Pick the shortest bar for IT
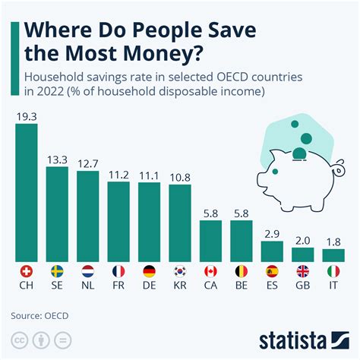(333, 254)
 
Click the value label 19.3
(27, 117)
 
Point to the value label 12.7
(88, 164)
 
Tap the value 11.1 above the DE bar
(149, 175)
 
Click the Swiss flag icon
(27, 270)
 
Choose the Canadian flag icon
(210, 270)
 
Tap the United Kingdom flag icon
(302, 270)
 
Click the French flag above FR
(118, 270)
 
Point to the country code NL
(88, 286)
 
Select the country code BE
(241, 286)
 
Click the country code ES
(271, 286)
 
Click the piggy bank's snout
(261, 183)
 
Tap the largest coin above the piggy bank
(305, 139)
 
